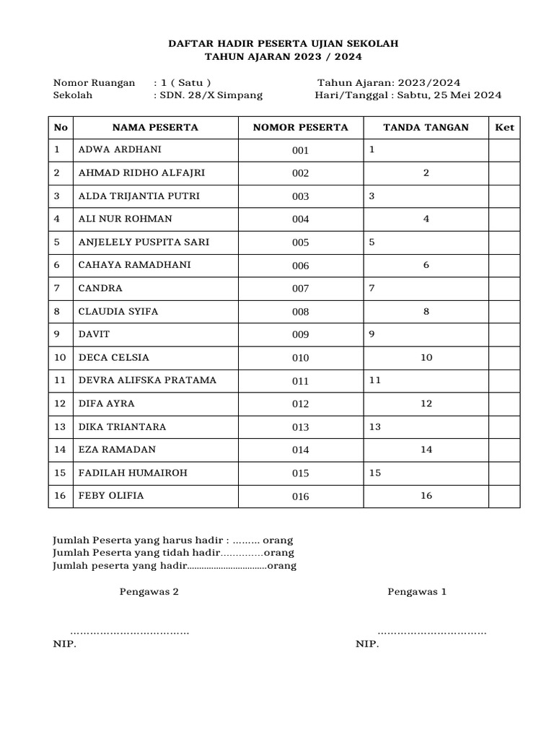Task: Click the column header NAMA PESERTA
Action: (x=155, y=128)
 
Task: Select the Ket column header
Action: (x=504, y=128)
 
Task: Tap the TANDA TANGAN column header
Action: (x=426, y=128)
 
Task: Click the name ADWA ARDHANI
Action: (x=120, y=150)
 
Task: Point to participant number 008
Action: (x=300, y=312)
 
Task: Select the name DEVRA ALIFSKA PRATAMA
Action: (x=147, y=380)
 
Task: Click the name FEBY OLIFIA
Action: (x=111, y=496)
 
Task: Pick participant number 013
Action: (x=300, y=427)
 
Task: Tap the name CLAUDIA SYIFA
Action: (x=118, y=312)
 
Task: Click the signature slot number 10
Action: (x=426, y=358)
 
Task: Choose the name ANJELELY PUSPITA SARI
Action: (x=144, y=242)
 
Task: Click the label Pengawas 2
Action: (x=149, y=592)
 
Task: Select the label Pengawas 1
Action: (x=417, y=592)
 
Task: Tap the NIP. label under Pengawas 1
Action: (x=367, y=644)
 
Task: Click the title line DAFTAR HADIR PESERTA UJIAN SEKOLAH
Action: (x=283, y=44)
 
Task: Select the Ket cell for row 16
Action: (x=504, y=496)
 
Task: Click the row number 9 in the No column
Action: (x=56, y=335)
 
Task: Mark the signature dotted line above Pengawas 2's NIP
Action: (x=130, y=633)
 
